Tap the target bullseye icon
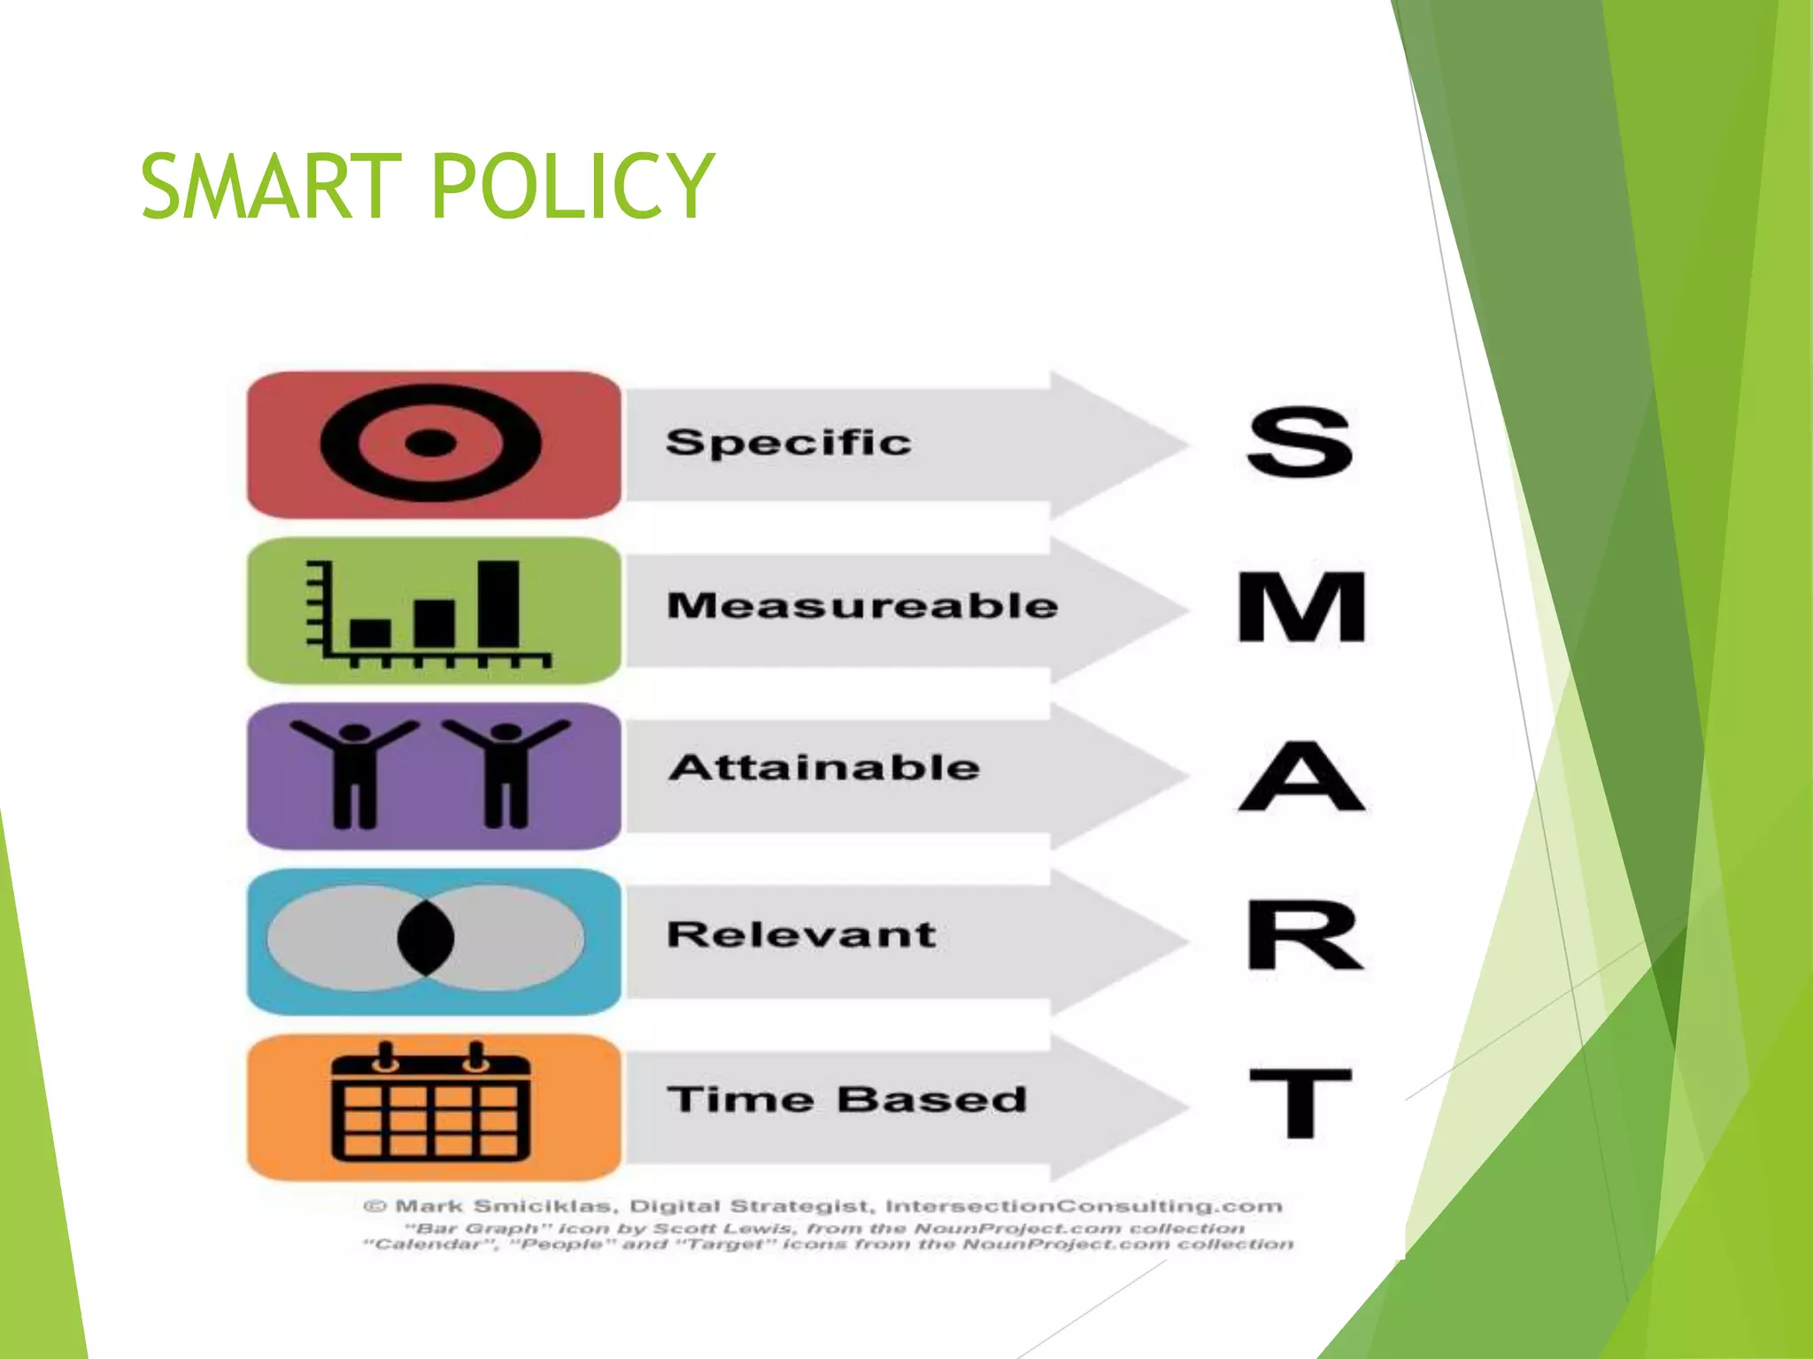click(x=430, y=442)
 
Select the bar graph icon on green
click(x=428, y=612)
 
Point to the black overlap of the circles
click(x=426, y=937)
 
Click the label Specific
click(x=788, y=441)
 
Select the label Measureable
click(x=862, y=606)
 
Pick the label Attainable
click(x=824, y=767)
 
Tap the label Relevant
click(x=801, y=934)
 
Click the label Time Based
click(x=846, y=1100)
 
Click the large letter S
click(x=1300, y=442)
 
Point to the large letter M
click(x=1301, y=607)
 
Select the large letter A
click(x=1301, y=776)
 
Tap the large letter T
click(x=1300, y=1102)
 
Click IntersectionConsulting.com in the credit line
click(x=1084, y=1206)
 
